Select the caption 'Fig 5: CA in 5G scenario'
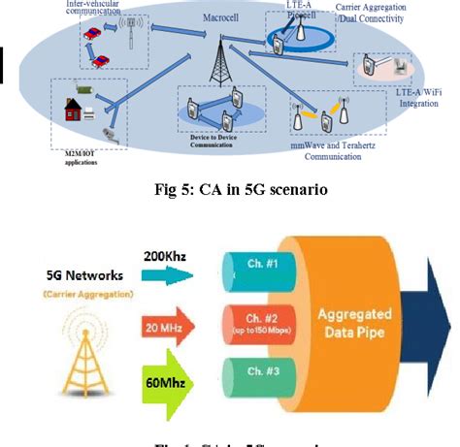click(230, 190)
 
